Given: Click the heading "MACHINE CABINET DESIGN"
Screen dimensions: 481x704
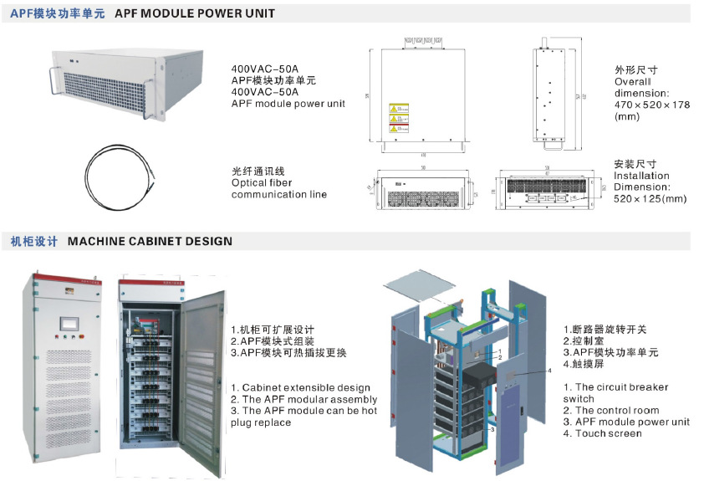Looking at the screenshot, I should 150,241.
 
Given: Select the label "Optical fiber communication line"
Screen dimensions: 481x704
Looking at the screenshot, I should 278,188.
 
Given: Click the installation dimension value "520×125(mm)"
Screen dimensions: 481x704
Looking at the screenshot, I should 650,199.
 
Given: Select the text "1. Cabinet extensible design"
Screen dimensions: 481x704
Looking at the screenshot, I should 300,387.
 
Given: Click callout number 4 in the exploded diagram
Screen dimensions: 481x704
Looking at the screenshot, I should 549,370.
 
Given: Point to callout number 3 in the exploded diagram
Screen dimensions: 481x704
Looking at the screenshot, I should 494,428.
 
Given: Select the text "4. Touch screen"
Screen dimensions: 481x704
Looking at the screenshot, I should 602,433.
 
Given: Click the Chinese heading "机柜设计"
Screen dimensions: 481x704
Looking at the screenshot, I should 34,241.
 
